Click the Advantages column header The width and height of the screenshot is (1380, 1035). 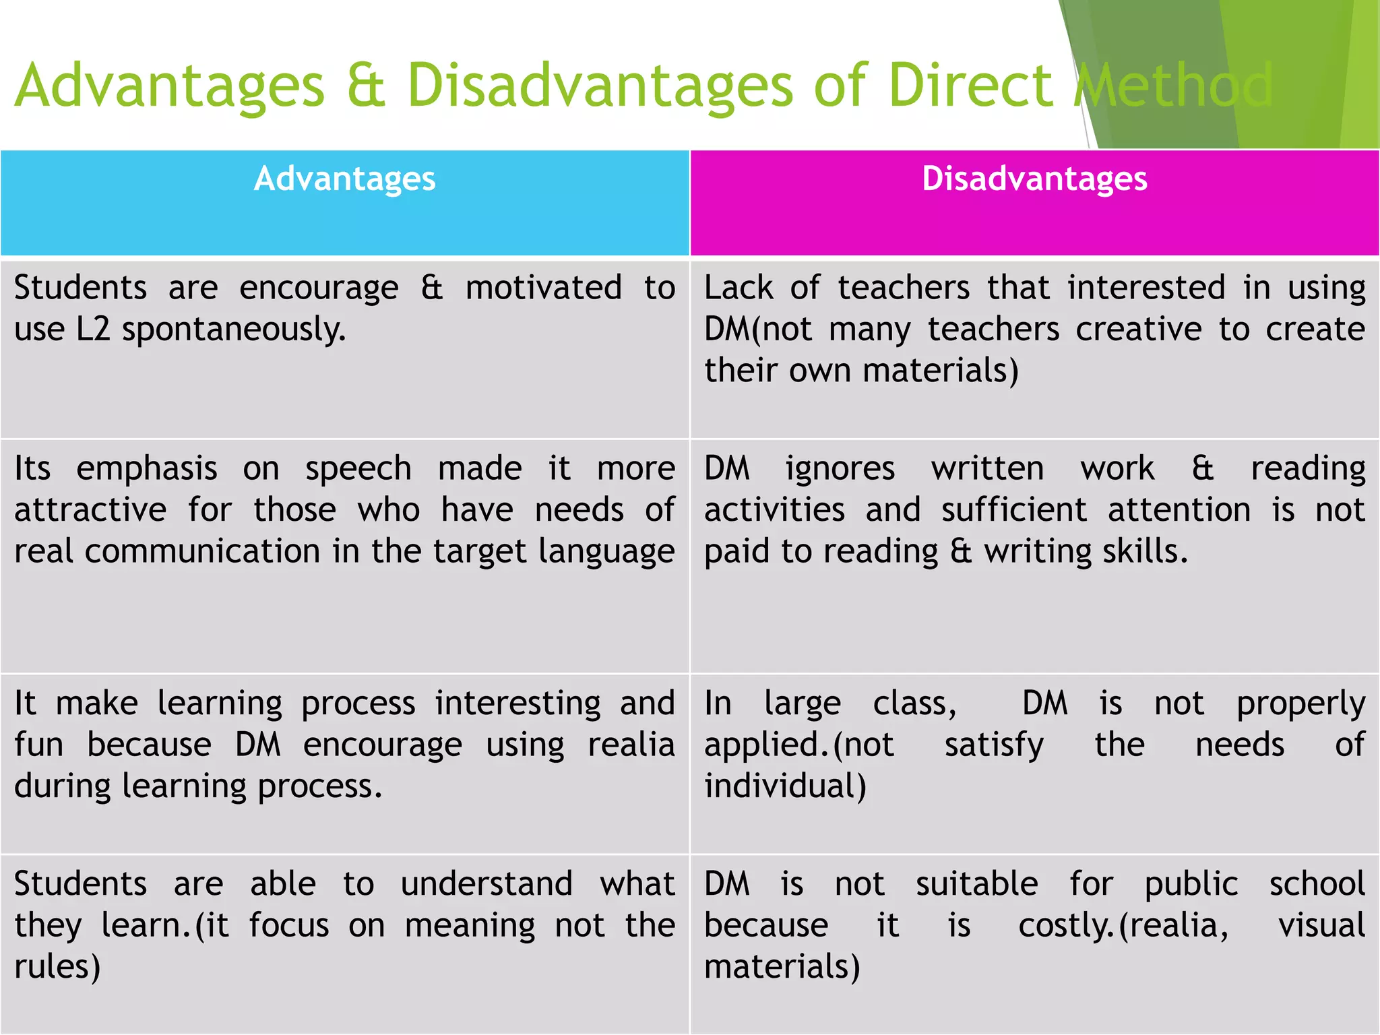tap(344, 179)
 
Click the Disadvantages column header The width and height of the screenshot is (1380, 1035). tap(1034, 179)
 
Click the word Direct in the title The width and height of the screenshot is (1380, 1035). tap(970, 86)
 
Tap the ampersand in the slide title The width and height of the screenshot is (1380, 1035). tap(366, 86)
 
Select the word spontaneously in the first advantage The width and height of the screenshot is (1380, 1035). tap(234, 330)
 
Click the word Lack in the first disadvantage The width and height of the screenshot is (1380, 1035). tap(738, 288)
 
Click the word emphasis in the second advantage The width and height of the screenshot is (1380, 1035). tap(146, 469)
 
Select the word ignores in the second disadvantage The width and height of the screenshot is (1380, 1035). tap(840, 469)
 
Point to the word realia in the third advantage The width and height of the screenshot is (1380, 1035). tap(631, 745)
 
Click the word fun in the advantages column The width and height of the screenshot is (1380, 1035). tap(38, 745)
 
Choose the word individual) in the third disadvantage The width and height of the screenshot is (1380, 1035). tap(785, 786)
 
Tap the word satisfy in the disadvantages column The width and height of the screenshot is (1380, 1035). tap(994, 745)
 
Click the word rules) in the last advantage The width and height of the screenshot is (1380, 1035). tap(57, 967)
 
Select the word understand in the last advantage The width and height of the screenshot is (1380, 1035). tap(487, 884)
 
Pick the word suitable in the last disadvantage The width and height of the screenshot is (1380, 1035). tap(976, 884)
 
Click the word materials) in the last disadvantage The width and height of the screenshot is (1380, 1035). tap(782, 967)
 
